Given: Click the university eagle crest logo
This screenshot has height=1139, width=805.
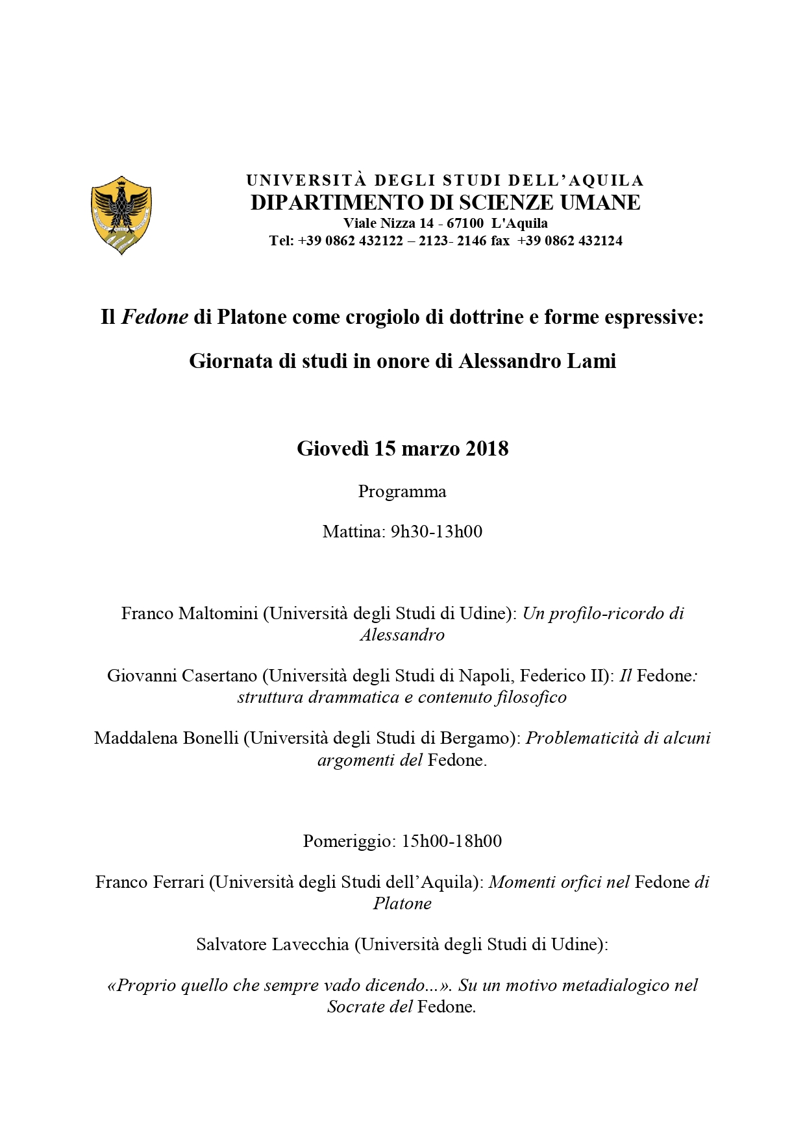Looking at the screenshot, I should point(121,215).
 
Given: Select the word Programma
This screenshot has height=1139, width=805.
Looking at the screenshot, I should point(402,491).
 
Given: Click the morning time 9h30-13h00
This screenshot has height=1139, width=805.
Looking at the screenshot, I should point(436,532).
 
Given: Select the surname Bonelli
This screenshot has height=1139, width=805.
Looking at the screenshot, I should point(206,738).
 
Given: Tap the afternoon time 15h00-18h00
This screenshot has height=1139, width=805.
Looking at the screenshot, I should point(452,841).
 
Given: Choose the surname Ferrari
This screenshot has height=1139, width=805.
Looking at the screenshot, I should point(179,882).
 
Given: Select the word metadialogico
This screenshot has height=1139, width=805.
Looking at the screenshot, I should point(614,985).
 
